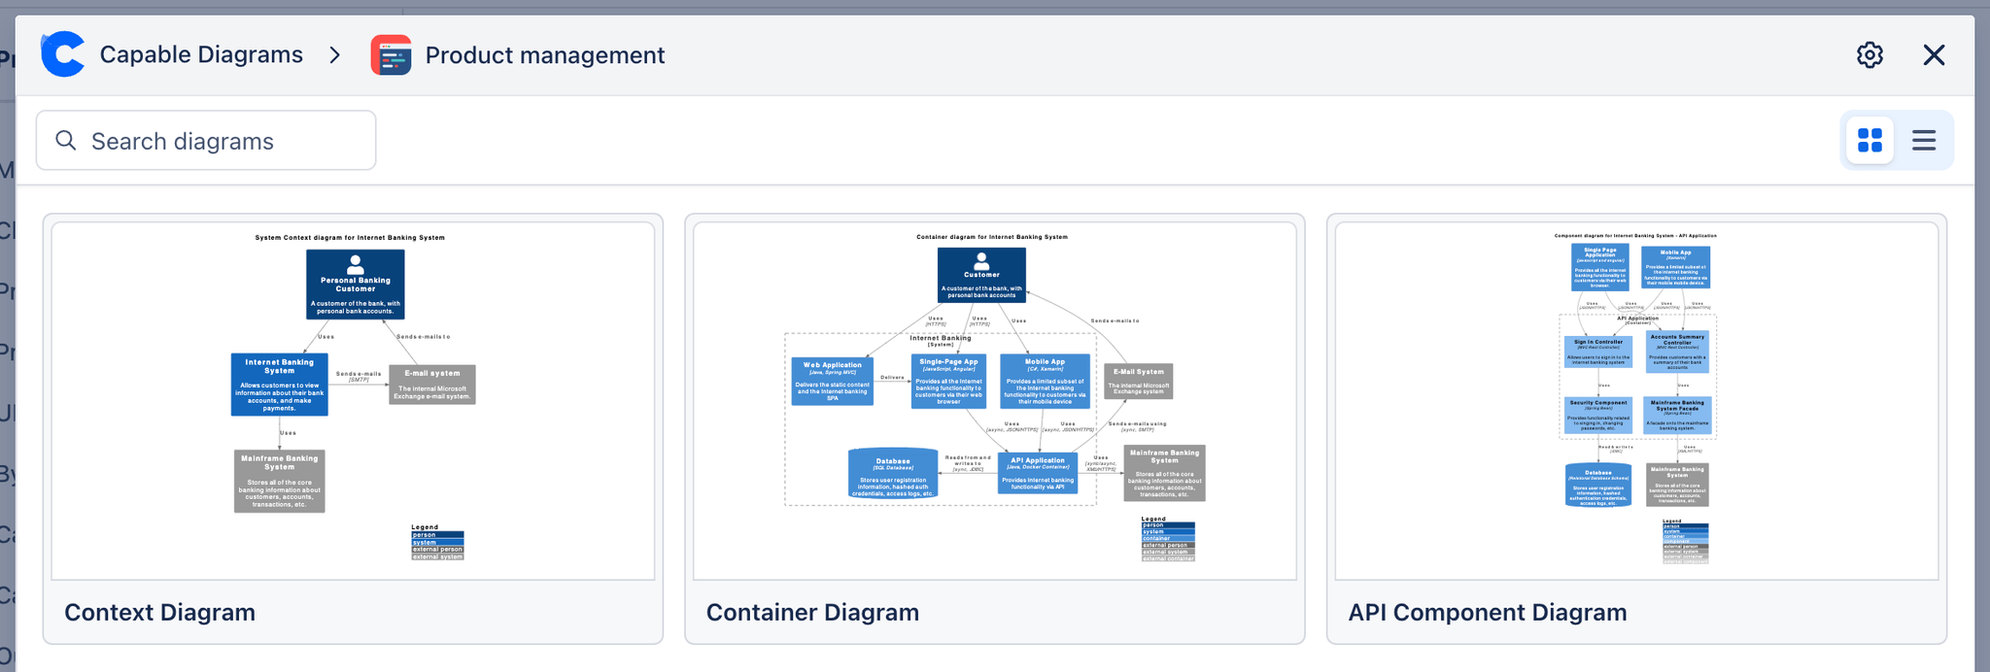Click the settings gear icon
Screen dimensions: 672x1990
click(x=1870, y=55)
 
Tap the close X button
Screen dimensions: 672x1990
click(x=1934, y=55)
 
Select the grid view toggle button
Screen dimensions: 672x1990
click(x=1870, y=141)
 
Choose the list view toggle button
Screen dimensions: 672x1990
click(x=1924, y=141)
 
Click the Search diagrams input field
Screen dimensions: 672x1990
click(x=206, y=141)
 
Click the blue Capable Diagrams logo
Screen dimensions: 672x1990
click(x=63, y=54)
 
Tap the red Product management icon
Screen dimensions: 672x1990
click(x=391, y=55)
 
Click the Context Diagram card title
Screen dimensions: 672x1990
click(x=160, y=612)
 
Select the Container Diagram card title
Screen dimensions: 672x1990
click(x=812, y=612)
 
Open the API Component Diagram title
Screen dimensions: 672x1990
click(x=1487, y=612)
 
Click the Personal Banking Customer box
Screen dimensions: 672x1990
click(x=356, y=285)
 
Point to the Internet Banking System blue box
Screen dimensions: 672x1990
click(x=279, y=385)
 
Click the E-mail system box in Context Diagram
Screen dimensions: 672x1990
click(x=432, y=385)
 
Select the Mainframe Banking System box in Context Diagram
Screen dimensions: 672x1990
click(x=279, y=481)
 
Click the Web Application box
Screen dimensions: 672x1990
click(x=832, y=382)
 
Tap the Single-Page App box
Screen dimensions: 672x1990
click(x=948, y=381)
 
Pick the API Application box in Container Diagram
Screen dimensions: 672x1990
click(x=1038, y=473)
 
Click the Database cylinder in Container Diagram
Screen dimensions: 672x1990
click(x=893, y=473)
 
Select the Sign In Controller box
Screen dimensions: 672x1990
click(x=1598, y=353)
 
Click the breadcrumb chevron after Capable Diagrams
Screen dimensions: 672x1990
click(x=335, y=55)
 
